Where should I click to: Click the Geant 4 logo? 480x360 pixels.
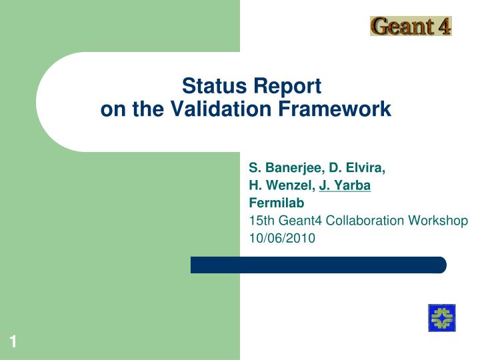pos(411,26)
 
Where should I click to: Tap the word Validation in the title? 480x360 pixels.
pos(207,109)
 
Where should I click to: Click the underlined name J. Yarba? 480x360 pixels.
pos(345,186)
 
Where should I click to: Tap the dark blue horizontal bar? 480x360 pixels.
pos(318,265)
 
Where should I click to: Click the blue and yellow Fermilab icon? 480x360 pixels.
pos(441,317)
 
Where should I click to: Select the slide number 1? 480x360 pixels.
pos(13,343)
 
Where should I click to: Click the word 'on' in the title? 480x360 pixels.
pos(109,109)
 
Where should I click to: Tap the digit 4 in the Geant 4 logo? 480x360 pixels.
pos(443,26)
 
